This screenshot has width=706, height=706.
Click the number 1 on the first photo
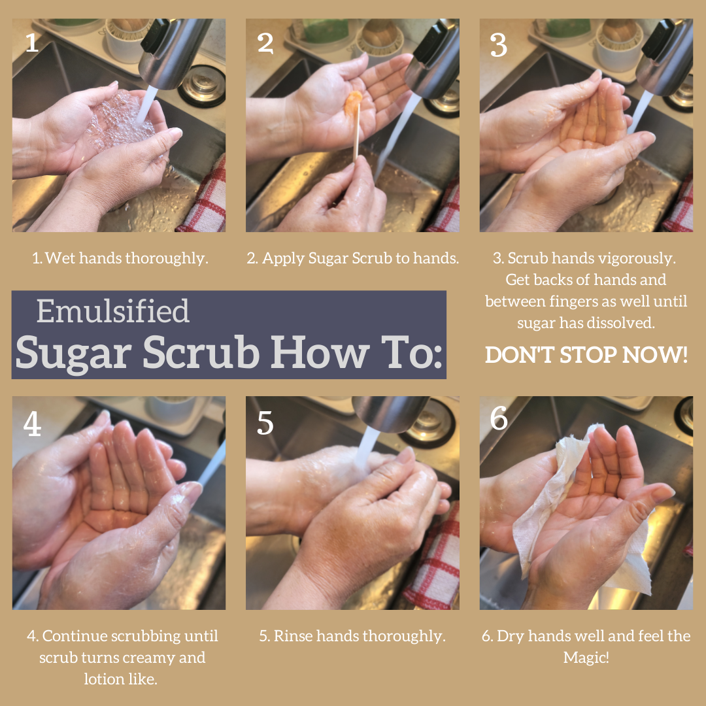click(x=32, y=42)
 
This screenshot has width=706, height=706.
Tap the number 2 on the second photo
click(x=265, y=43)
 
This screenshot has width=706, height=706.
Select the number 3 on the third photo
click(x=498, y=46)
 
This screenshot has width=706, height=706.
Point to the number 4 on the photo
click(x=33, y=424)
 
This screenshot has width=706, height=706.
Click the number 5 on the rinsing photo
click(x=265, y=424)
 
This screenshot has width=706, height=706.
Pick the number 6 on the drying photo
click(x=498, y=418)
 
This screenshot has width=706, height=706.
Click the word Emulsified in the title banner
click(x=112, y=311)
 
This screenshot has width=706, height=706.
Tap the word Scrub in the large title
click(x=201, y=352)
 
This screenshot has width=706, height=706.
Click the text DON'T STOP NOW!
click(x=586, y=355)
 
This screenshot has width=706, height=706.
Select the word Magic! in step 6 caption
click(x=586, y=658)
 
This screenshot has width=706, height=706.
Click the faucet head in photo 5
click(x=391, y=412)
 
